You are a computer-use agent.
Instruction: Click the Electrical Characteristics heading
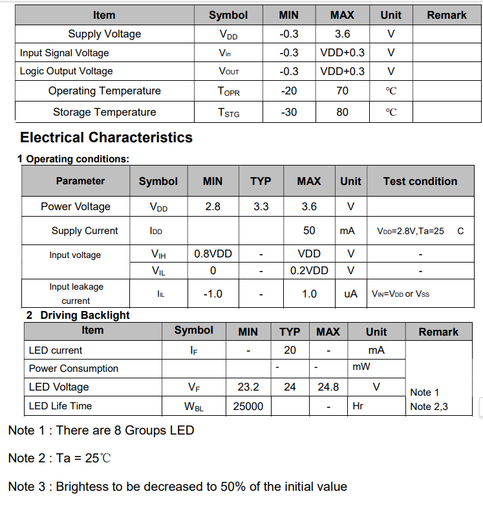(106, 137)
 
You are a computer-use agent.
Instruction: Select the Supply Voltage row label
(104, 34)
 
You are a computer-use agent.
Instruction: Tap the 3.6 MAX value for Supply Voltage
(342, 34)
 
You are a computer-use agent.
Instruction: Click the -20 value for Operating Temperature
(288, 91)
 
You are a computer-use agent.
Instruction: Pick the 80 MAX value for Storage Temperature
(342, 112)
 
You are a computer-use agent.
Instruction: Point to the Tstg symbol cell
(228, 113)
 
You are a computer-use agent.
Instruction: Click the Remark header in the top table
(446, 15)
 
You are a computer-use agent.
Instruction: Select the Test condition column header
(420, 181)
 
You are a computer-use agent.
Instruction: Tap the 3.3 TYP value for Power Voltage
(261, 206)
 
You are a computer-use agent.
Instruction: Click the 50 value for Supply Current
(309, 230)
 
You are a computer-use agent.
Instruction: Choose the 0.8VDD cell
(213, 254)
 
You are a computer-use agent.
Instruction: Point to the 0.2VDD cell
(309, 270)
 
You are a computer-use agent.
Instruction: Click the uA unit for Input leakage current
(350, 294)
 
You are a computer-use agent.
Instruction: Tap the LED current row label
(56, 350)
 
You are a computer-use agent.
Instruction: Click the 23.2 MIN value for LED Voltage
(248, 387)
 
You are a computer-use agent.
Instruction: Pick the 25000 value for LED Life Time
(248, 406)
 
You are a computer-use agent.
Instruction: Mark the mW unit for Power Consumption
(361, 367)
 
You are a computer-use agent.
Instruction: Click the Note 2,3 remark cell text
(429, 407)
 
